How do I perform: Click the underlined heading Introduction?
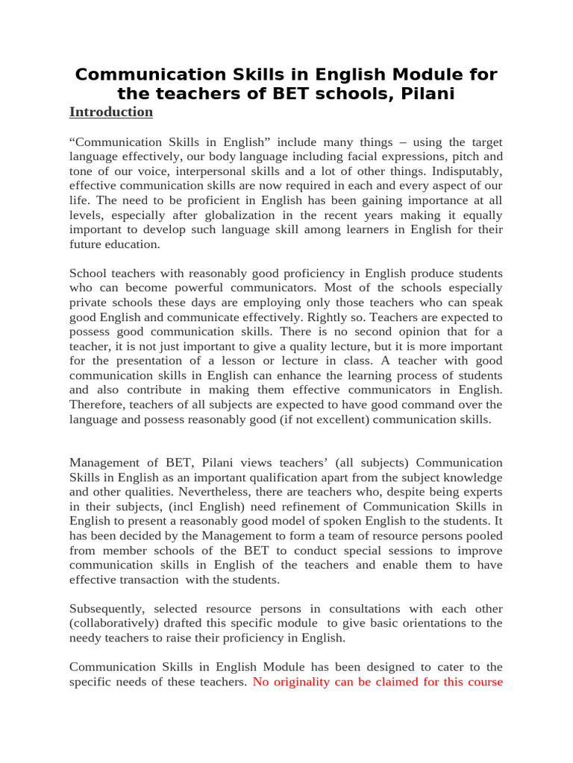pos(111,112)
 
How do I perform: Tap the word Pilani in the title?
pos(423,94)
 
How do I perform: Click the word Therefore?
pos(98,405)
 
